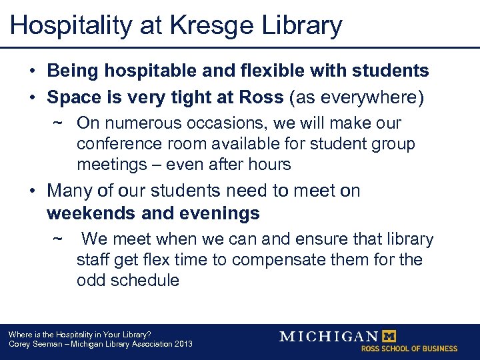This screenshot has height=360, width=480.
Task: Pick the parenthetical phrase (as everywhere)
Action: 357,97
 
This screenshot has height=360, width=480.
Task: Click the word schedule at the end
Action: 147,279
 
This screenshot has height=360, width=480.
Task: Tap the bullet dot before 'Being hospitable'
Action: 32,71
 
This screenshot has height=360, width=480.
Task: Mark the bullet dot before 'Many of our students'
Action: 32,191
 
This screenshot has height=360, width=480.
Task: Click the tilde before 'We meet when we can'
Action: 59,239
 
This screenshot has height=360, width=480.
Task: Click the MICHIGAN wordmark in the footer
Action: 328,336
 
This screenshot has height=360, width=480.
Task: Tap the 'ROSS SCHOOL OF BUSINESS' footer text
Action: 409,349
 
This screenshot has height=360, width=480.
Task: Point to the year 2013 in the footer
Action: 181,344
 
